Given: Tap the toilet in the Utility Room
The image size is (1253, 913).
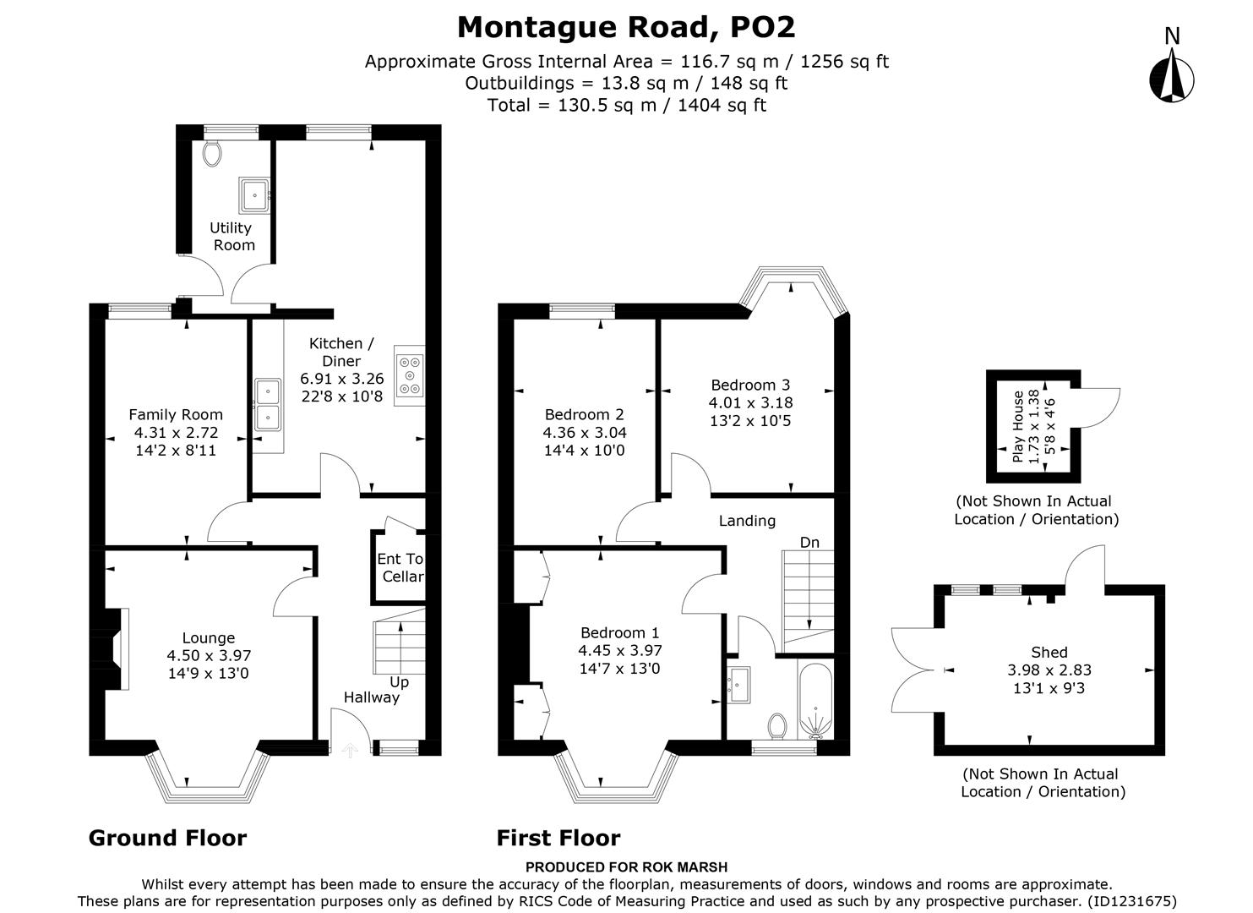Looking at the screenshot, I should [212, 153].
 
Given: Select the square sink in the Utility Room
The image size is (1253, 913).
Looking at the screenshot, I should [253, 194].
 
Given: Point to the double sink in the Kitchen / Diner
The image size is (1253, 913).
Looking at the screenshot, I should [268, 404].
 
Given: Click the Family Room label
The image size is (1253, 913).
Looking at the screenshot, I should [176, 414].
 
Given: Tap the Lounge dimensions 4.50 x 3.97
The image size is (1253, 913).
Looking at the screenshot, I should [209, 655].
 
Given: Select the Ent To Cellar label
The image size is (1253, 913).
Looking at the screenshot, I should [400, 567].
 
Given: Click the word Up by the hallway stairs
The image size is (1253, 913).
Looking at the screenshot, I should [399, 681].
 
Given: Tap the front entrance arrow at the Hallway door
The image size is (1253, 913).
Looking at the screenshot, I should [350, 748].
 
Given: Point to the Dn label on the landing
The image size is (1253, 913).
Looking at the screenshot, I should [809, 542].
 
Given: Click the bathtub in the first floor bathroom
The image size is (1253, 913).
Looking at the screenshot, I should [814, 700].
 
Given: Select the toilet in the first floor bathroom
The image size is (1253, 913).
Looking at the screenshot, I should [778, 724].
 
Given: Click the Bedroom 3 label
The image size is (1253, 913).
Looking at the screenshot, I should [750, 385].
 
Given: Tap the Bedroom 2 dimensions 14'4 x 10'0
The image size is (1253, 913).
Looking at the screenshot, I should [584, 451].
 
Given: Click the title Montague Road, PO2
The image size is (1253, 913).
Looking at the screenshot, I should [626, 27].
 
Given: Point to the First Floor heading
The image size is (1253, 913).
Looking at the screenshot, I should [558, 838].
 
